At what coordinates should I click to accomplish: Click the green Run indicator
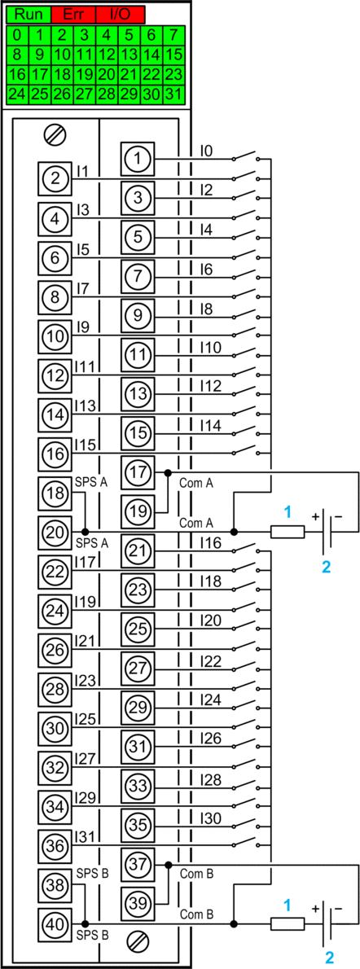coord(29,14)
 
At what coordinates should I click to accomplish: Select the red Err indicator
coord(73,14)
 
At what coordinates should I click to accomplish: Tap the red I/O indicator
coord(120,14)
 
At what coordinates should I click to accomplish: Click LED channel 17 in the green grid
coord(40,75)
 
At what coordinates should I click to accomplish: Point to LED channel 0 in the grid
coord(17,34)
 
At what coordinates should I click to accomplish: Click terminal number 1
coord(138,159)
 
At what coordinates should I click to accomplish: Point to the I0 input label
coord(207,150)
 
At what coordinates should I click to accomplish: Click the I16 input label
coord(210,543)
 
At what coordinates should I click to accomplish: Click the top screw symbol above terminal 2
coord(55,134)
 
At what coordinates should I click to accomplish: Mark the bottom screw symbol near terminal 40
coord(137,941)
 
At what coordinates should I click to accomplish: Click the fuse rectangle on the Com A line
coord(288,532)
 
